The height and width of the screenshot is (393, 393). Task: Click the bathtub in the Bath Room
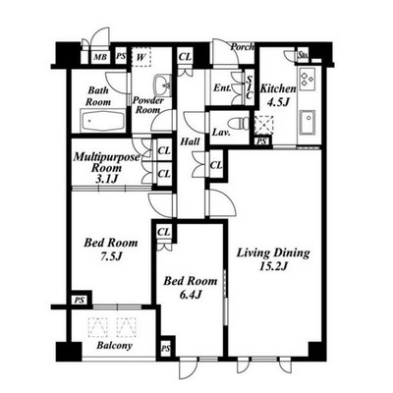[x=102, y=121]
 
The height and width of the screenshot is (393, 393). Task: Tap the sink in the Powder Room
[x=162, y=85]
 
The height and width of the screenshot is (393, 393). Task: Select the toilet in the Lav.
[x=240, y=124]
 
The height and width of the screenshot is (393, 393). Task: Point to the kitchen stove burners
[x=307, y=79]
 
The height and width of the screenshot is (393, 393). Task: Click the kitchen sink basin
[x=308, y=123]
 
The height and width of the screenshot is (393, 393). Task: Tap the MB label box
[x=100, y=57]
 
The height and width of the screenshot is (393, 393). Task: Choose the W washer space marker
[x=140, y=57]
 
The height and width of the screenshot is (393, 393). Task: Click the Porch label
[x=242, y=47]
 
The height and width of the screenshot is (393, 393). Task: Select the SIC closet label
[x=250, y=87]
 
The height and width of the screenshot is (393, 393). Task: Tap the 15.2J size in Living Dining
[x=273, y=266]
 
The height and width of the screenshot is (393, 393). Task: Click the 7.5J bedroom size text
[x=111, y=256]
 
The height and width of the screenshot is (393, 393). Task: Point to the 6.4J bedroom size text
[x=191, y=295]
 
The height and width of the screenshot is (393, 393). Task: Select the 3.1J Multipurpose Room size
[x=107, y=179]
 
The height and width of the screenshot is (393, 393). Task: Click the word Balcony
[x=114, y=346]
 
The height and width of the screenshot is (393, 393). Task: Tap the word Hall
[x=190, y=141]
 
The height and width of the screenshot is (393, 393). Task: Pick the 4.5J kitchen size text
[x=278, y=102]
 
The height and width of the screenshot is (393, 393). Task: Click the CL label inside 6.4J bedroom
[x=164, y=232]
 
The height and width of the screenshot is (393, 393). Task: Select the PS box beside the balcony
[x=80, y=300]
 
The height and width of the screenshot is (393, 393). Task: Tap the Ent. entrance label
[x=223, y=88]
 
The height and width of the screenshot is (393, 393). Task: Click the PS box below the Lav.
[x=261, y=141]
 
